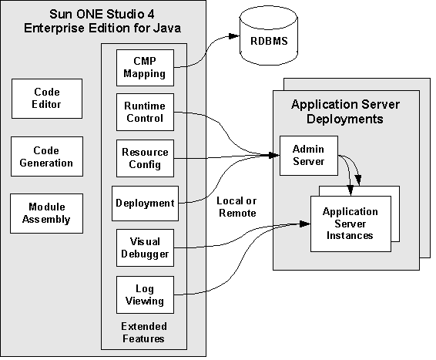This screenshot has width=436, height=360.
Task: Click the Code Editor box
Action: point(47,98)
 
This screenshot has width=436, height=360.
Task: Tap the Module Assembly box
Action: point(47,213)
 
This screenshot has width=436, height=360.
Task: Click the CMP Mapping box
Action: point(144,68)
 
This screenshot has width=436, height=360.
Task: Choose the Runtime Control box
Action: point(144,112)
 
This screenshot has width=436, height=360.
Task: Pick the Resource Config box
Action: point(144,158)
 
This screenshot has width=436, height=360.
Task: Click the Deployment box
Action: point(144,204)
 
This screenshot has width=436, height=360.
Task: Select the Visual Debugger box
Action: point(144,247)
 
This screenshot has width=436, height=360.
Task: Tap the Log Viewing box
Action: point(144,293)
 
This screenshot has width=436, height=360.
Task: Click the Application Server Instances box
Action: point(350,223)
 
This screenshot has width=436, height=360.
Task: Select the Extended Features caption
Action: point(144,333)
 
